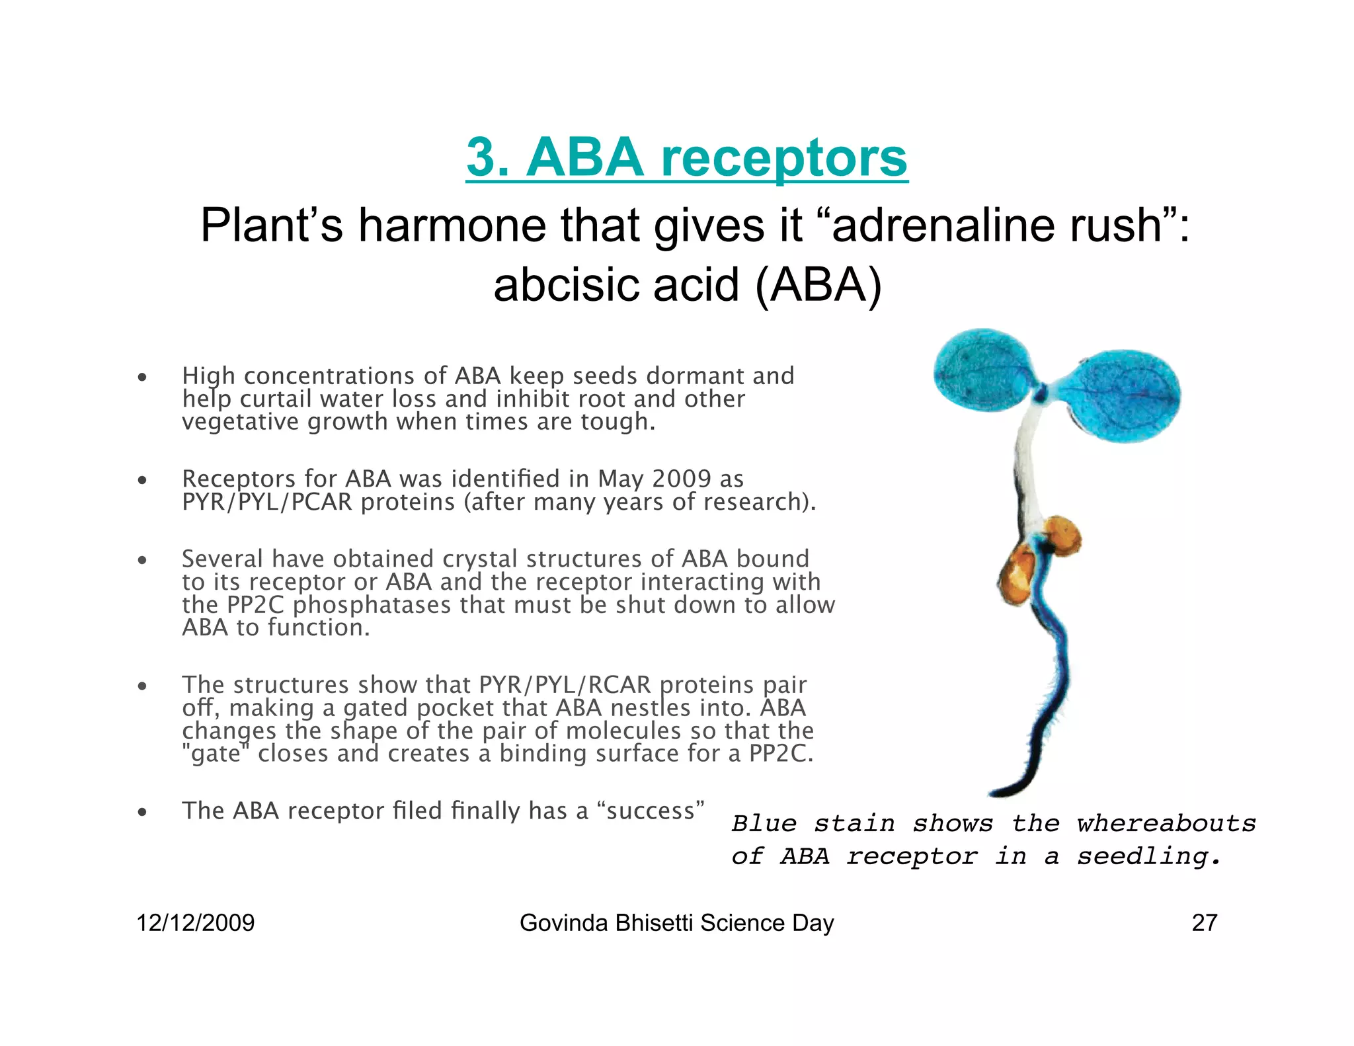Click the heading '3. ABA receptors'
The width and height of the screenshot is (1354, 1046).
click(686, 158)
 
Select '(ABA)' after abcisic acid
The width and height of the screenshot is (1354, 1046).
click(818, 286)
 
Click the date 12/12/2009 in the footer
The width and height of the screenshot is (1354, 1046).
click(195, 923)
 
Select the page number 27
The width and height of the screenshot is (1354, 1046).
click(1204, 923)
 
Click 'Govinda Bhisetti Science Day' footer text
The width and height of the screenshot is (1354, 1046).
click(676, 923)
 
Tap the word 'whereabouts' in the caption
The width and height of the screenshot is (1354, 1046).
click(1166, 824)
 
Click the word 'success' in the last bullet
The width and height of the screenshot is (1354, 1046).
click(651, 811)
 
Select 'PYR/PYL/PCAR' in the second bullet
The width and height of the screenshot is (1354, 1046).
click(267, 503)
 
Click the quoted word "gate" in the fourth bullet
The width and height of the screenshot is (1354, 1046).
click(216, 754)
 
